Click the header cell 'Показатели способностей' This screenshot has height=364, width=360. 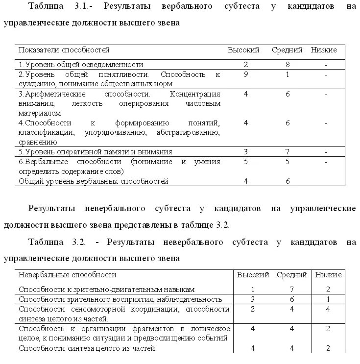(64, 50)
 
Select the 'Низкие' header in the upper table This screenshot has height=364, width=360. (324, 50)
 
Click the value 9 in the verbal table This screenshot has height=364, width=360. (245, 74)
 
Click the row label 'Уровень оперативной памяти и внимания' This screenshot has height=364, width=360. (95, 152)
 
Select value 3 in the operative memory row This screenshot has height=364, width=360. (245, 152)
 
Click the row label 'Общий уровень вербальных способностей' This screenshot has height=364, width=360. (93, 181)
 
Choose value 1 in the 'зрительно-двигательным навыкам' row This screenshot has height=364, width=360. (252, 290)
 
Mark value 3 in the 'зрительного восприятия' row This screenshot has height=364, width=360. (252, 299)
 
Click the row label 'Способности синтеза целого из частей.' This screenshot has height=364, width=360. (88, 348)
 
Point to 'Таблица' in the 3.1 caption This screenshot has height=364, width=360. (46, 6)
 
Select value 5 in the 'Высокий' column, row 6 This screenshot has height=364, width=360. (245, 162)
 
